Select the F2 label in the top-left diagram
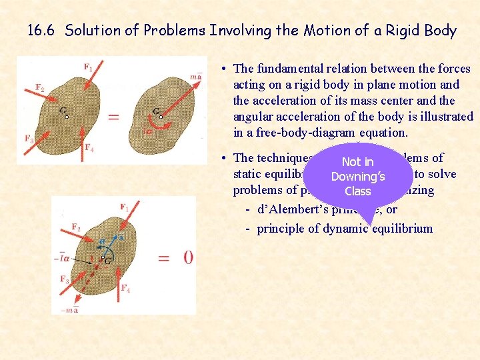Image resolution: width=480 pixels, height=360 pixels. (40, 88)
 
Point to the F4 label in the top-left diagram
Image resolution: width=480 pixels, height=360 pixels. (89, 148)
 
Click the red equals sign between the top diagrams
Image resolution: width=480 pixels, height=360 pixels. (113, 117)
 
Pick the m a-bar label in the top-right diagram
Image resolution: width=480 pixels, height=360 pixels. (195, 76)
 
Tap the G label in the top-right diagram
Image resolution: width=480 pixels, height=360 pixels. (156, 111)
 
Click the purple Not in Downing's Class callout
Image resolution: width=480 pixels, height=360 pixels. (358, 176)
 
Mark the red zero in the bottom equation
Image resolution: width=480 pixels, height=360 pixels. (189, 257)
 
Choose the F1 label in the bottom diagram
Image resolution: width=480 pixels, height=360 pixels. (125, 207)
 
